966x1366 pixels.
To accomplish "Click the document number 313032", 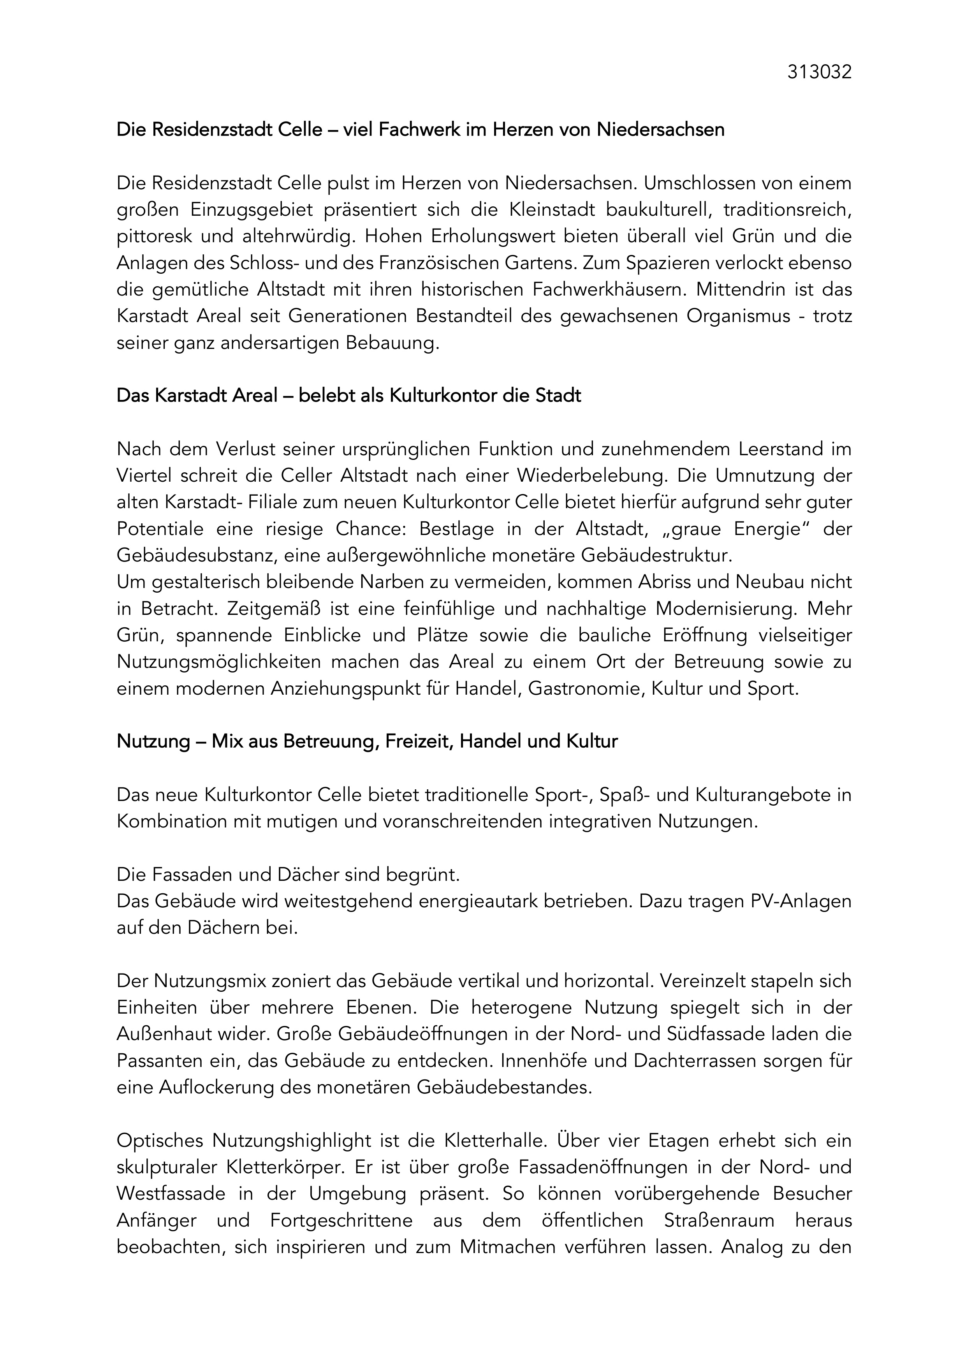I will (x=819, y=72).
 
